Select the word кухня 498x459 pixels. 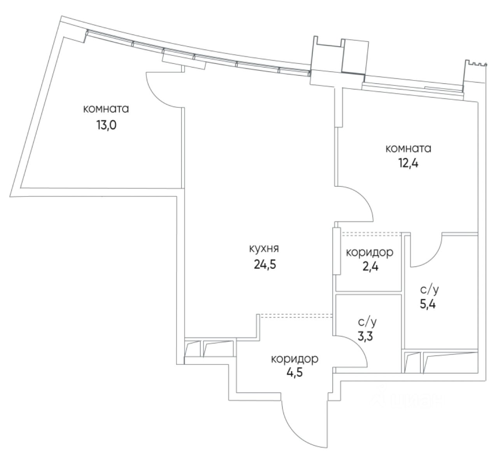tap(265, 249)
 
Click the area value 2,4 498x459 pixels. tap(369, 268)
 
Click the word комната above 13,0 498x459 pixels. tap(106, 109)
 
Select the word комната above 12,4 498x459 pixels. tap(408, 148)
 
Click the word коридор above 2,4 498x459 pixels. tap(370, 252)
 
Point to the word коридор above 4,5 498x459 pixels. tap(295, 358)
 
